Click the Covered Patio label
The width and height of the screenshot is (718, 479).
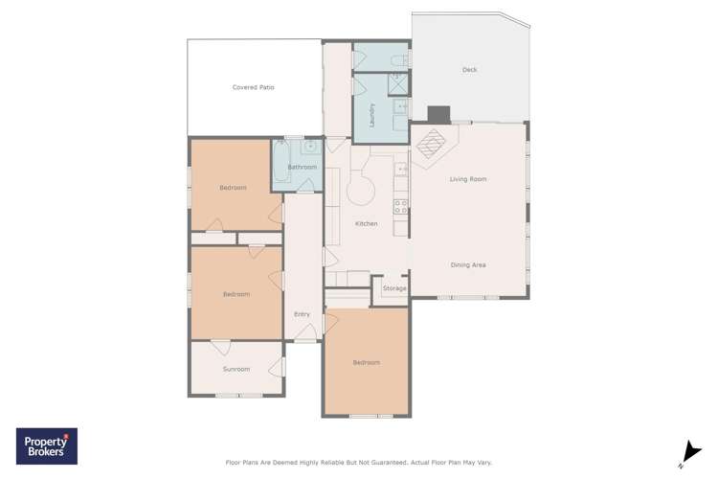coord(253,87)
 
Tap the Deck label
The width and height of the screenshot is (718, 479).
coord(469,70)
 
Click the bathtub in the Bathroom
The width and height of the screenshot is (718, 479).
coord(282,162)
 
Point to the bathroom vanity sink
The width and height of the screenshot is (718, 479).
coord(311,148)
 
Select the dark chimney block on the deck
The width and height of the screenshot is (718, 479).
coord(438,114)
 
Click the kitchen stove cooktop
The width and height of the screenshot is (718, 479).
coord(400,206)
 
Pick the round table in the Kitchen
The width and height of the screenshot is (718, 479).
coord(361,191)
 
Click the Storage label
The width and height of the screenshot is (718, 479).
coord(394,288)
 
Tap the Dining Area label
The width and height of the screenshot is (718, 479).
coord(468,264)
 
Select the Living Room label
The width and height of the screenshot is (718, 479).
coord(468,179)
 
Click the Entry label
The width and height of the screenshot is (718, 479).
coord(302,314)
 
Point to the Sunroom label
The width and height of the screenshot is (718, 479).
coord(236,369)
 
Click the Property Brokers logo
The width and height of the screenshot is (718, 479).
coord(47,446)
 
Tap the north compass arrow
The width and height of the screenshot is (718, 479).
coord(689,452)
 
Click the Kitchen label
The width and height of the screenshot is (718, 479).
coord(366,224)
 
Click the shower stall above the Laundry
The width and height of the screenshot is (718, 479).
coord(397,84)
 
